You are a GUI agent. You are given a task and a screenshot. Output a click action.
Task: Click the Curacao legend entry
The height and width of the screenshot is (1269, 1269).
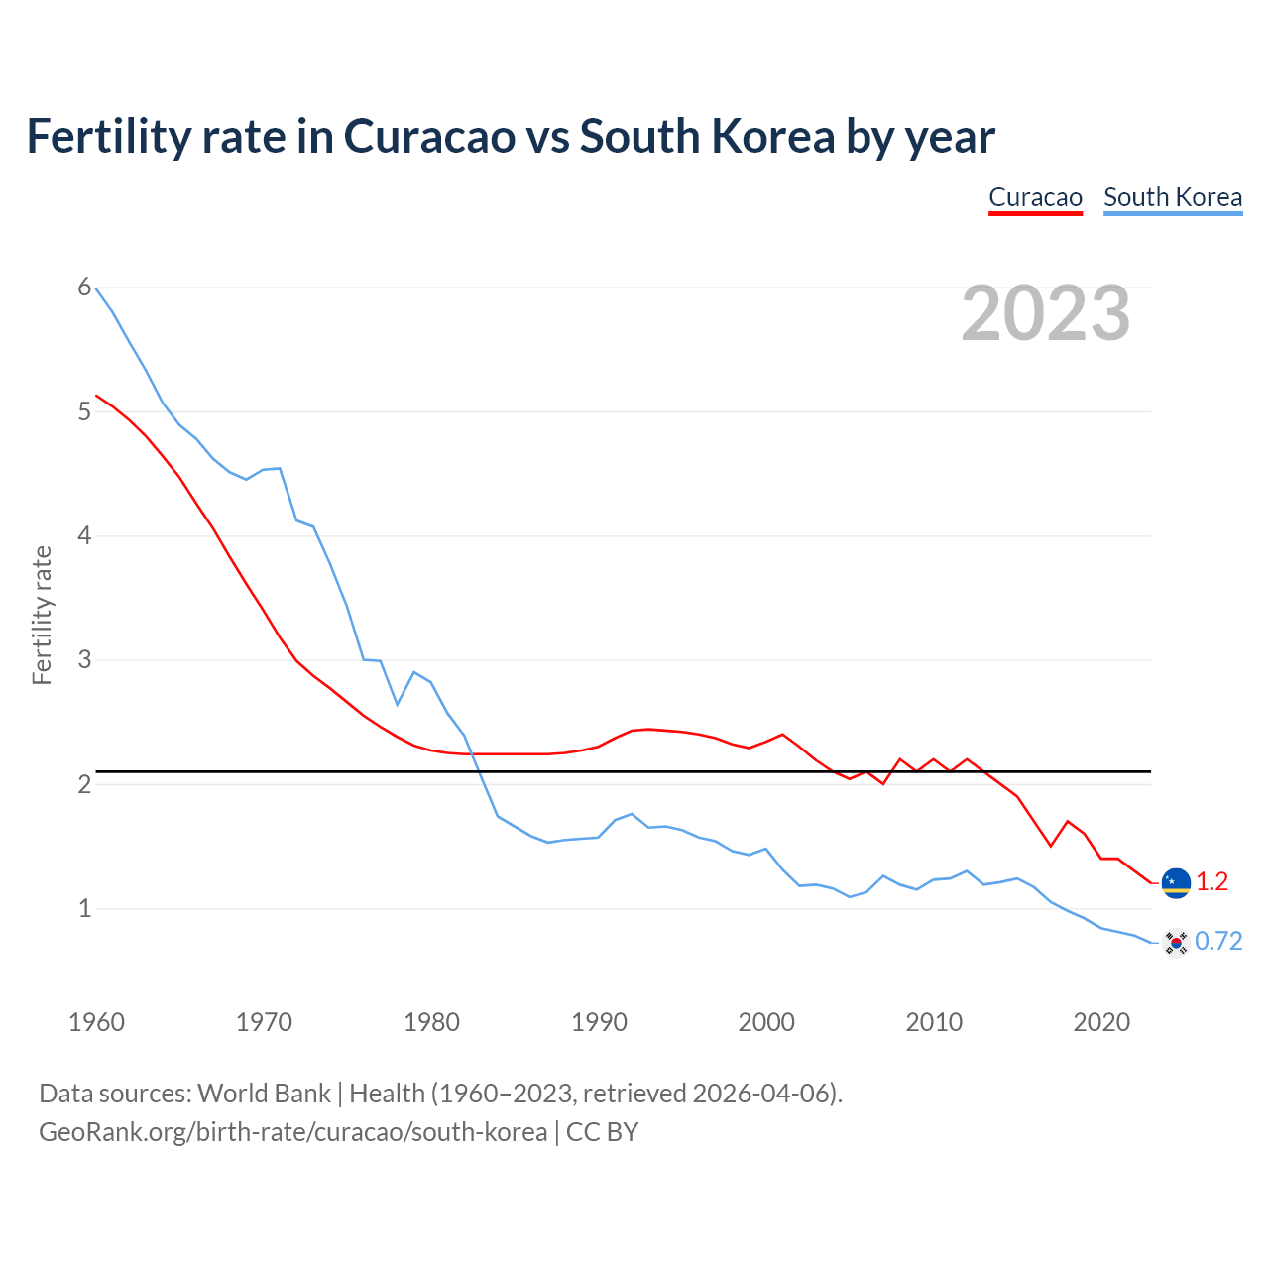click(x=1035, y=197)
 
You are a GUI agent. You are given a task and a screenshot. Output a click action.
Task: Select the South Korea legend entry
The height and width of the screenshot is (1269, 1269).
click(x=1172, y=197)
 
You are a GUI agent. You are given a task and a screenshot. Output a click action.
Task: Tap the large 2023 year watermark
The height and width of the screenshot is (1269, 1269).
click(x=1045, y=313)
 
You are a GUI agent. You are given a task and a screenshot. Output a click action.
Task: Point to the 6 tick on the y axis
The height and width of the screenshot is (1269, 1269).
click(x=84, y=288)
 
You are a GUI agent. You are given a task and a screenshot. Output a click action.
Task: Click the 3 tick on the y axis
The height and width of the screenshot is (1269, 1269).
click(x=84, y=659)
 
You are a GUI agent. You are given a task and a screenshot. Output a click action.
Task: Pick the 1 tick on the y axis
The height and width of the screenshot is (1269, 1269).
click(x=84, y=908)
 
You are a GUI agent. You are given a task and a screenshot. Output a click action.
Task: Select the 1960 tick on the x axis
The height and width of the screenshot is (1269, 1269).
click(x=96, y=1022)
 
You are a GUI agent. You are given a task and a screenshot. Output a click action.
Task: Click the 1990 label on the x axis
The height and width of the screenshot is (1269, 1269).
click(x=599, y=1022)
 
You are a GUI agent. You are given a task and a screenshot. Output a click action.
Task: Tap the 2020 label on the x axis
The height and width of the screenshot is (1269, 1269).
click(x=1101, y=1022)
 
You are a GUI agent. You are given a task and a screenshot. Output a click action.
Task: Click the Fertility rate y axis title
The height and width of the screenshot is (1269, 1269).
click(x=42, y=615)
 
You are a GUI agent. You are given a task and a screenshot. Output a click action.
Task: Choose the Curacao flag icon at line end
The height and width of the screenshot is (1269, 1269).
click(x=1176, y=882)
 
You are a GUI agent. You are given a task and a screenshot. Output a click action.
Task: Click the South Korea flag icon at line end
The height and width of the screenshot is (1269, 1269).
click(x=1176, y=942)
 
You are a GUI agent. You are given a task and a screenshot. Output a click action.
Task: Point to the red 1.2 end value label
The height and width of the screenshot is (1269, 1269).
click(x=1211, y=882)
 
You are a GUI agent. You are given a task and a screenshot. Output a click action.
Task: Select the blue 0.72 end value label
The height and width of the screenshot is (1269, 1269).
click(x=1218, y=942)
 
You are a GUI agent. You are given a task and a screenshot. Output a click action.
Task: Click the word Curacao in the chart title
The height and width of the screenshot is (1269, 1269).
click(x=429, y=136)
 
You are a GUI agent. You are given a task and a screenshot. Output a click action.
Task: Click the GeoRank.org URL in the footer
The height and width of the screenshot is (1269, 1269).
click(x=292, y=1132)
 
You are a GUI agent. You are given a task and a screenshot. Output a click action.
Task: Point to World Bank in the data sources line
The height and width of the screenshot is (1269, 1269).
click(x=264, y=1094)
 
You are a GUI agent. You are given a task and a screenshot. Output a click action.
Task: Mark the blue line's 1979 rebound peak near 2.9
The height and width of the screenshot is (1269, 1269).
click(x=413, y=672)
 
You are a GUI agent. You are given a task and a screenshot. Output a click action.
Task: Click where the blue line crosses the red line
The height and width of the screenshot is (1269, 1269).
click(x=473, y=754)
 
